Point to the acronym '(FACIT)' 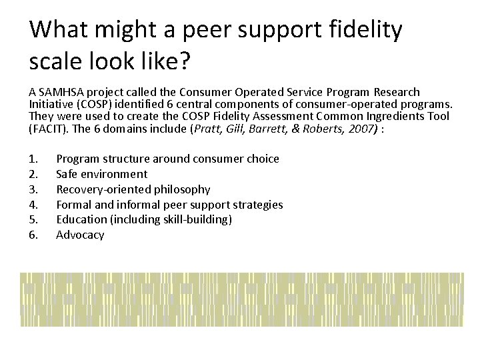pyautogui.click(x=48, y=128)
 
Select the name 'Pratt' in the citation pyautogui.click(x=205, y=128)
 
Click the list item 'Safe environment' pyautogui.click(x=101, y=174)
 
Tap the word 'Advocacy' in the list pyautogui.click(x=80, y=235)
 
